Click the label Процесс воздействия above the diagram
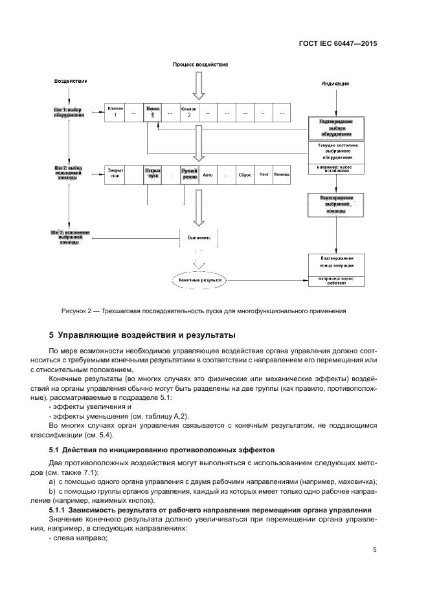pos(200,65)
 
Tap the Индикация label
pos(335,84)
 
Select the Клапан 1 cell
pos(115,111)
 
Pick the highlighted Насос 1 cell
pos(152,111)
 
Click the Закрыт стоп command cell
pos(114,175)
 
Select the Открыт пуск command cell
pos(152,175)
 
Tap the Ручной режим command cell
pos(190,175)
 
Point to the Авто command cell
pos(208,175)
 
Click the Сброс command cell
pos(245,175)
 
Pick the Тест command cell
pos(264,175)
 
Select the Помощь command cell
pos(282,175)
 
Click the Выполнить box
pos(199,237)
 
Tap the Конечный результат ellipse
pos(200,281)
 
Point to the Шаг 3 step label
pos(68,237)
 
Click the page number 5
pos(374,550)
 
